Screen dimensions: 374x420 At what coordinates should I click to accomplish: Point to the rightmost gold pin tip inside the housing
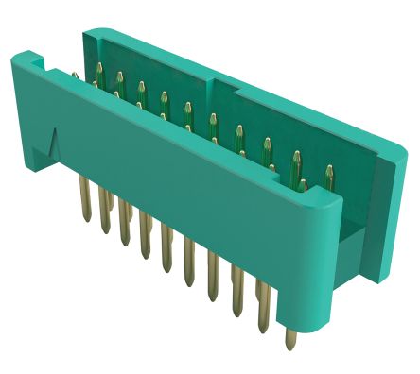(328, 172)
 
